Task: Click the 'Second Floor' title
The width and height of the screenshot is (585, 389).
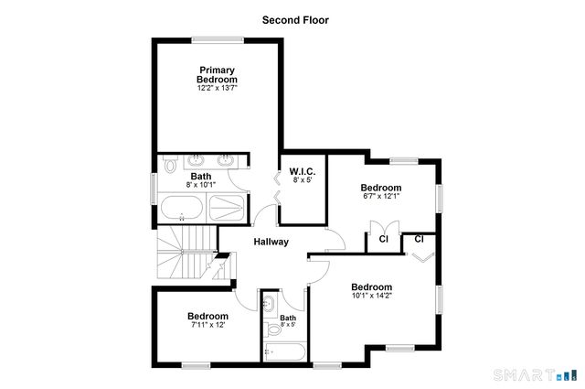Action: coord(294,19)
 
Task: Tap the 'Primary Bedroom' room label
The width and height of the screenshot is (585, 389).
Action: coord(217,75)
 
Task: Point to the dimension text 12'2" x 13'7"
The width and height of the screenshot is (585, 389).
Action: coord(217,89)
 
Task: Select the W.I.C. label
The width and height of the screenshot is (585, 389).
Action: coord(303,171)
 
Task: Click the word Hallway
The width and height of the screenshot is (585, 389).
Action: coord(271,242)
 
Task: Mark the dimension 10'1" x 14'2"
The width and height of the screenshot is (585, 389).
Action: coord(372,295)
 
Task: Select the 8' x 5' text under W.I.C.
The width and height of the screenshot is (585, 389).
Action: coord(303,181)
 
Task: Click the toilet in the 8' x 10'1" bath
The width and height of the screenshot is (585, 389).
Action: coord(170,166)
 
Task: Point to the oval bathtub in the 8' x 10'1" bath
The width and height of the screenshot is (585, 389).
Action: coord(183,209)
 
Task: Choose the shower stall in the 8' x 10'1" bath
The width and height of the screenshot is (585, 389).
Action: coord(228,209)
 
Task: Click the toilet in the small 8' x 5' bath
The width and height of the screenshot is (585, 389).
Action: coord(273,329)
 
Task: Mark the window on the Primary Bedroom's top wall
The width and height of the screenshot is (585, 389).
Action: coord(217,38)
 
